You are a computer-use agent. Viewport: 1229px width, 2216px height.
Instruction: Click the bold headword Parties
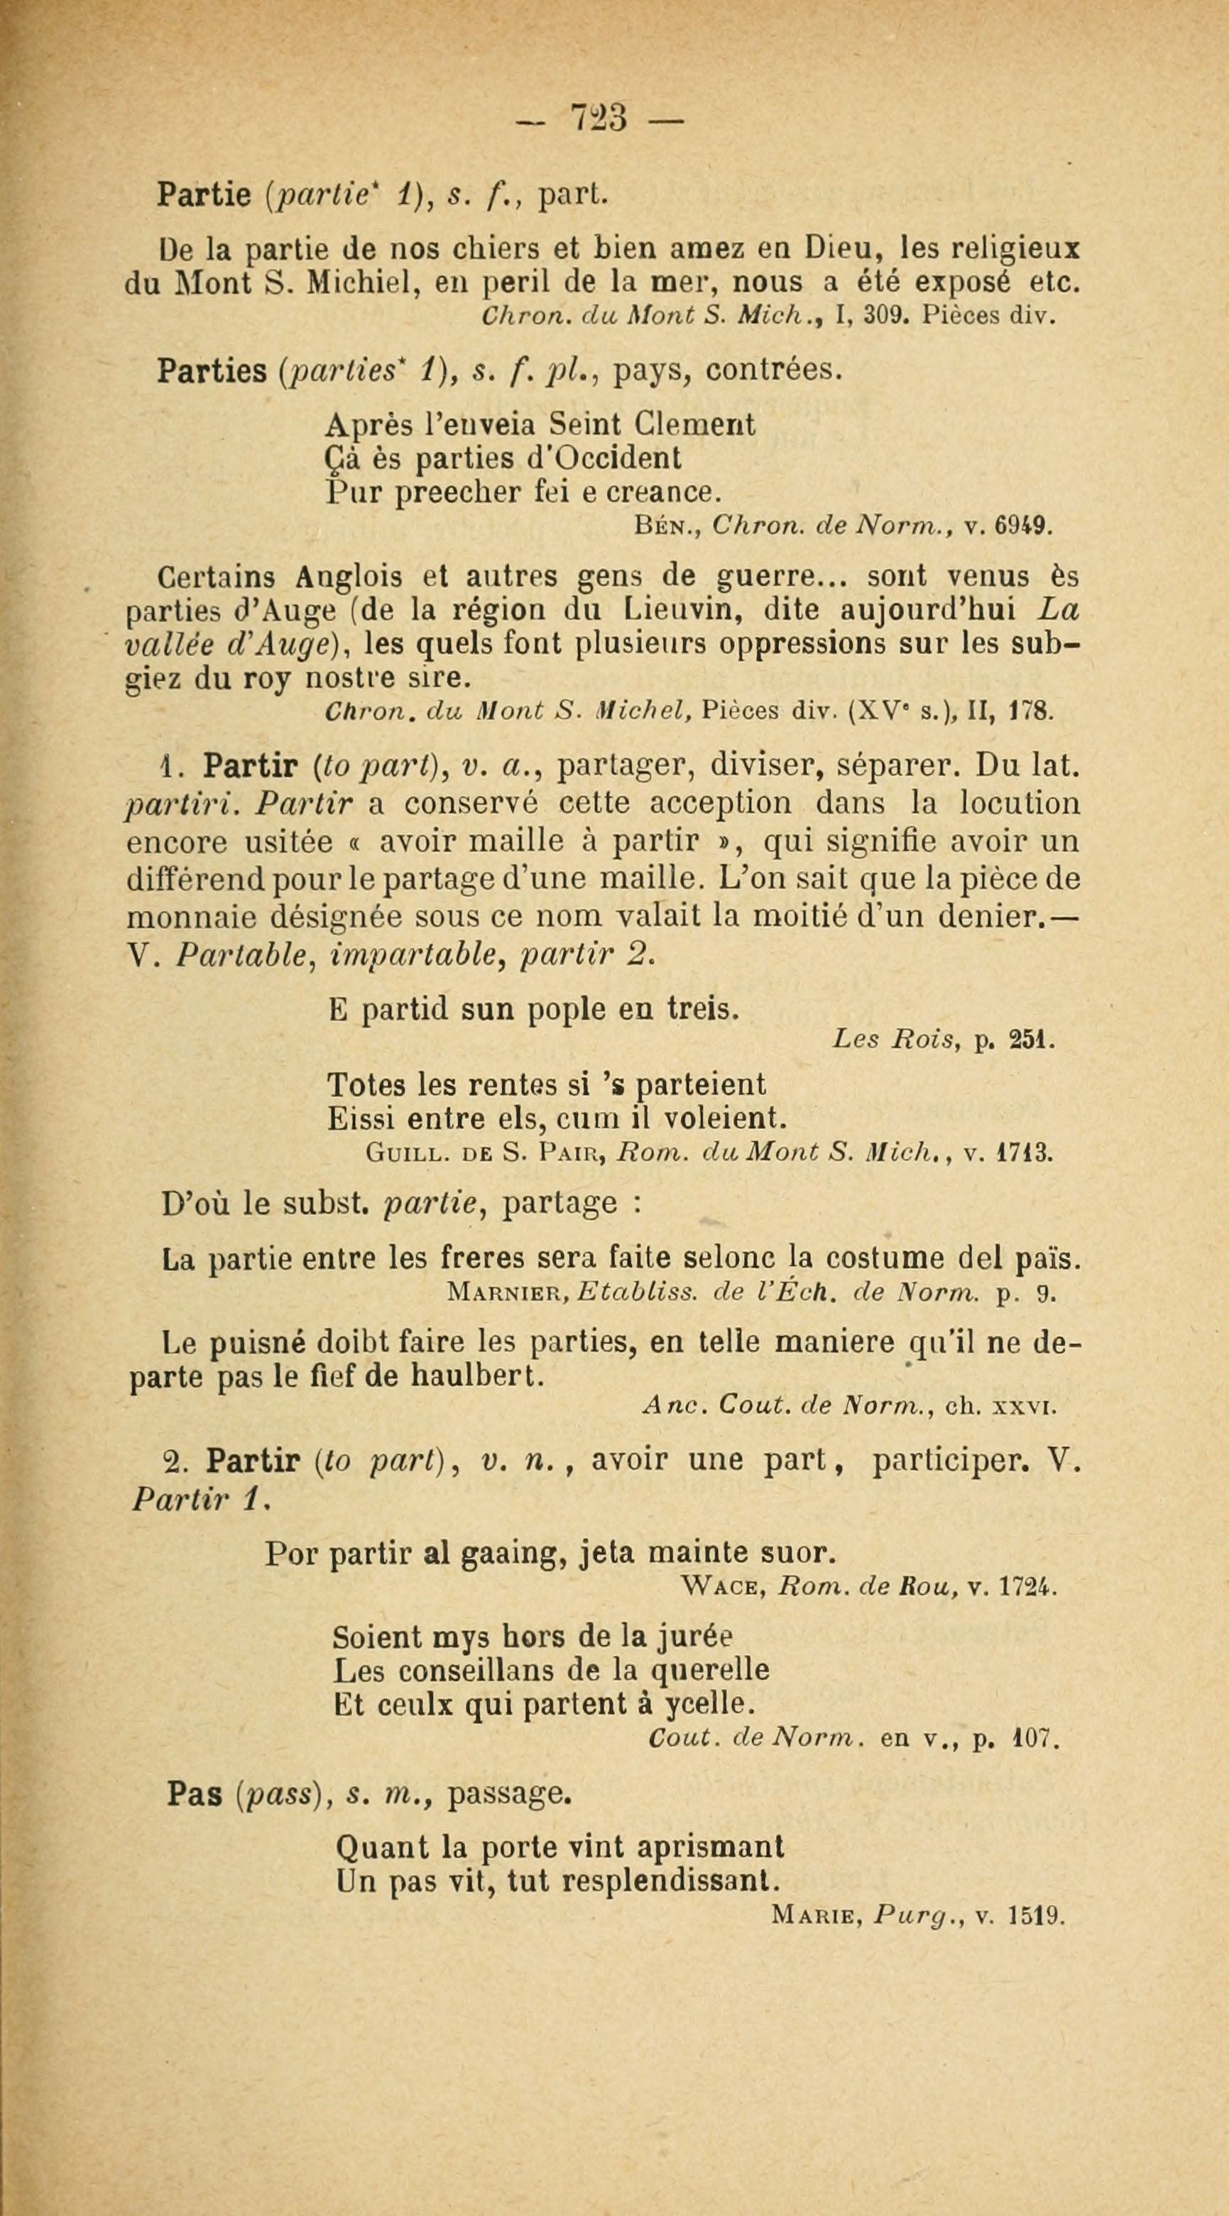(212, 371)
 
